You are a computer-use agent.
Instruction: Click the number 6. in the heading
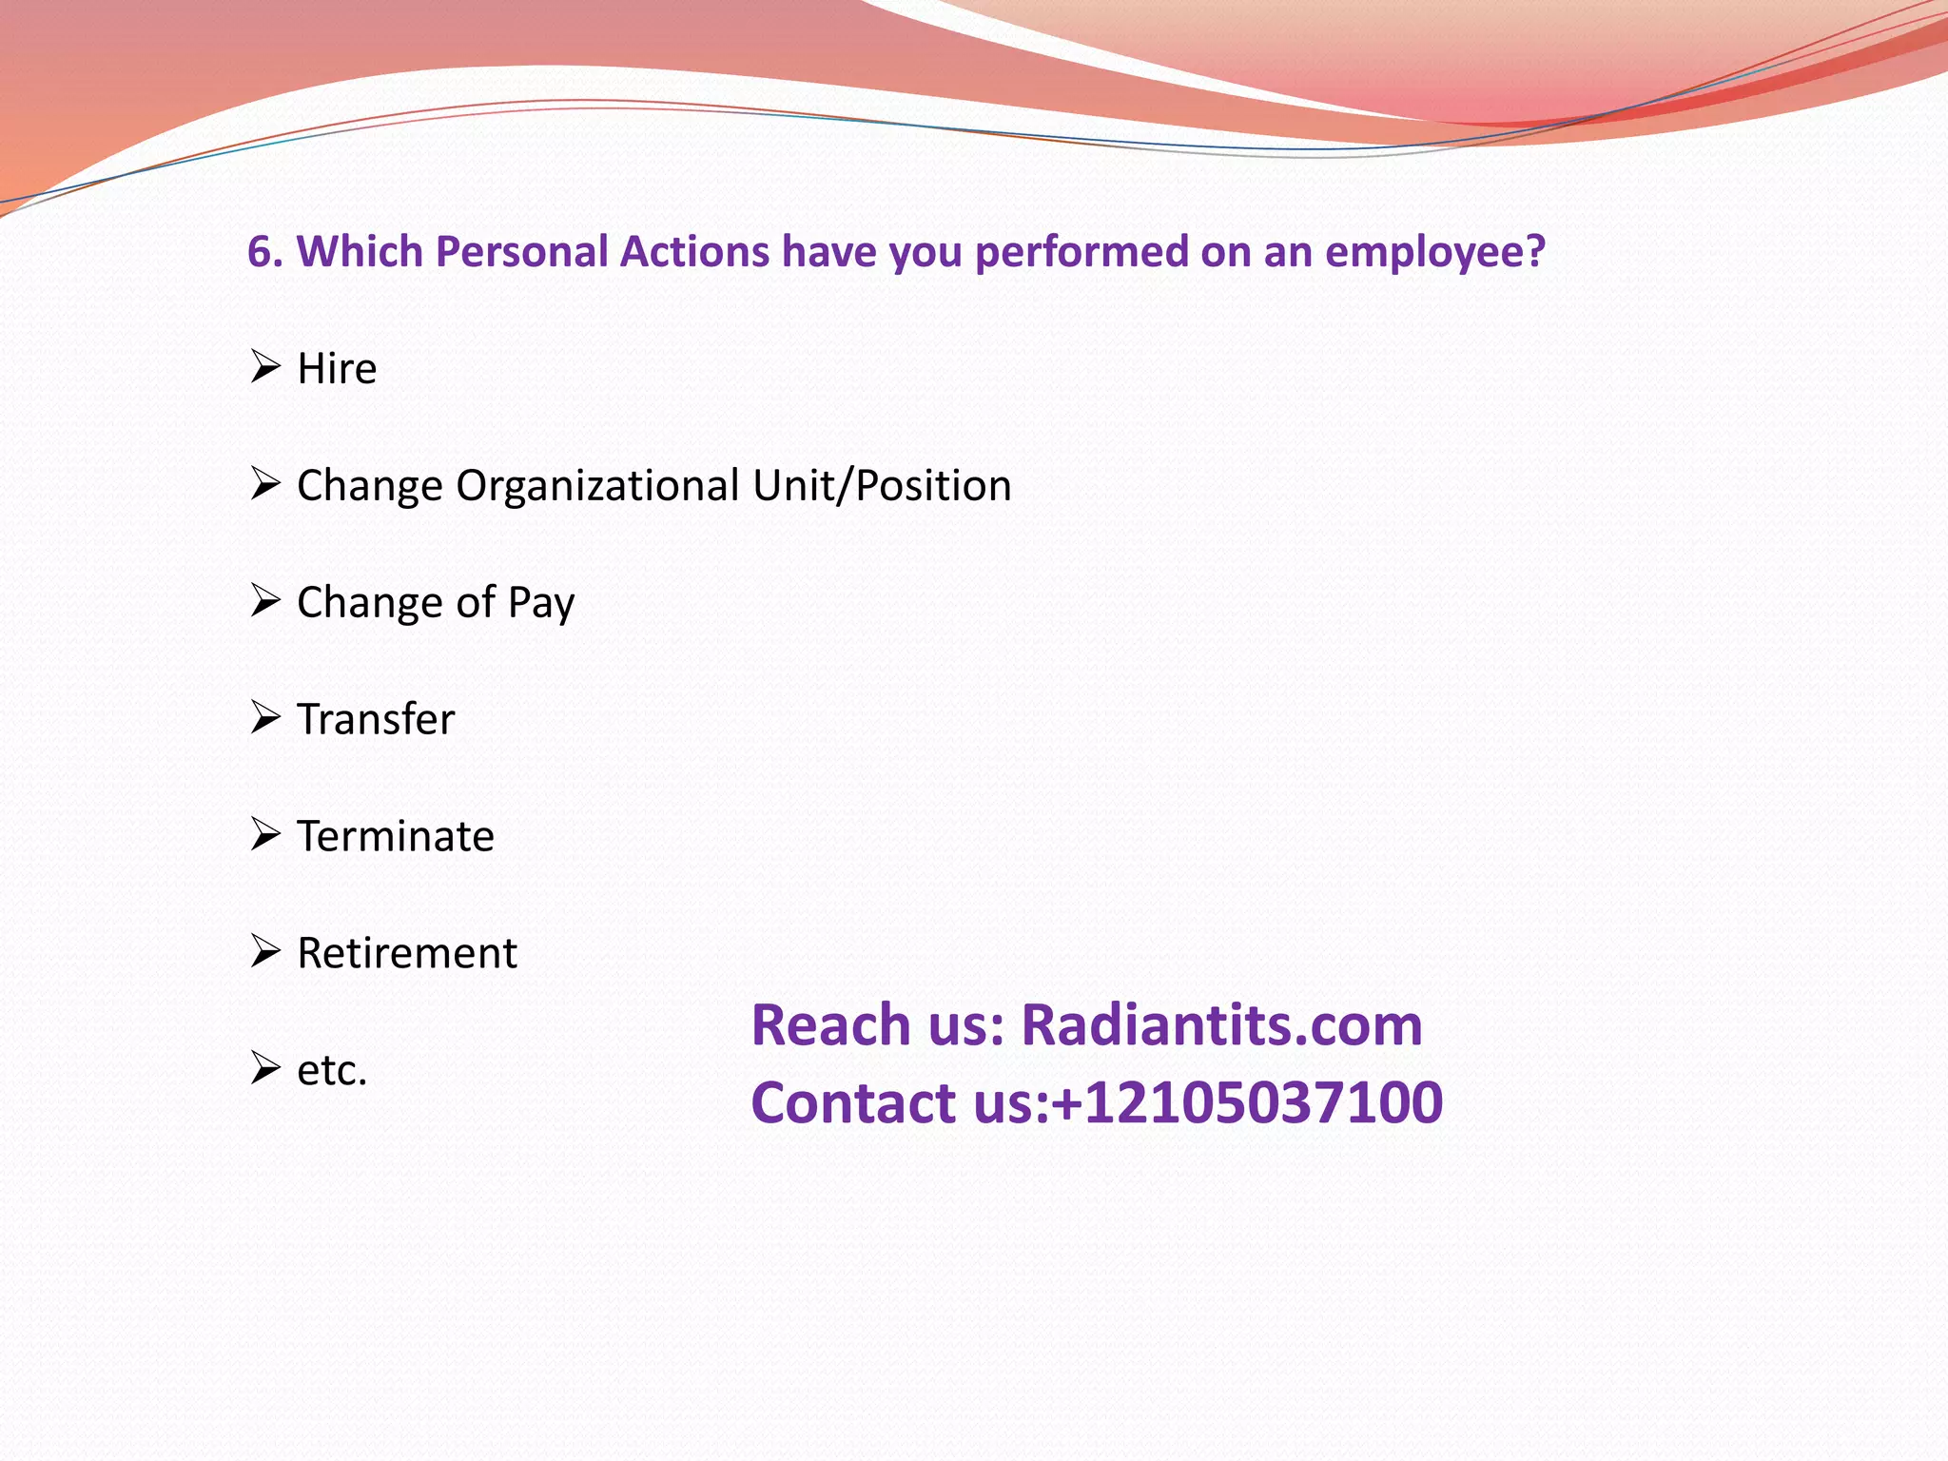pos(265,252)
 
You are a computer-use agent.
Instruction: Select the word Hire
pos(337,369)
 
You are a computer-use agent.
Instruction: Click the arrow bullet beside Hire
pos(265,366)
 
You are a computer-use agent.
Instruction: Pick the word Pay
pos(541,603)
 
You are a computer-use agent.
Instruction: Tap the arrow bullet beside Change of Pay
pos(265,600)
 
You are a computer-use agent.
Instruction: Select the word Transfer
pos(376,720)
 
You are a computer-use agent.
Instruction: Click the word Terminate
pos(396,837)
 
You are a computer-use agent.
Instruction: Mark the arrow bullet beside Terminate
pos(265,834)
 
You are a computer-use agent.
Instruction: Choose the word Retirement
pos(407,954)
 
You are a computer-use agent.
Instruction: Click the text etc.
pos(332,1071)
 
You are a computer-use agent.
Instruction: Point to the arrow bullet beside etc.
pos(265,1068)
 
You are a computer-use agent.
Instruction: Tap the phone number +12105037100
pos(1247,1103)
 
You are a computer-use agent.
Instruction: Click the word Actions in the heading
pos(694,252)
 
